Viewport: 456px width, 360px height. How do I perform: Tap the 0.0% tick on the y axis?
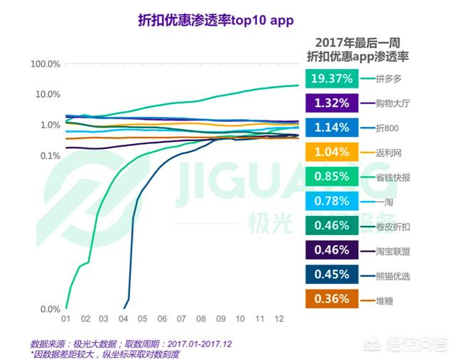(50, 309)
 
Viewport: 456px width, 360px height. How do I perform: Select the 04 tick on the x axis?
(123, 319)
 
